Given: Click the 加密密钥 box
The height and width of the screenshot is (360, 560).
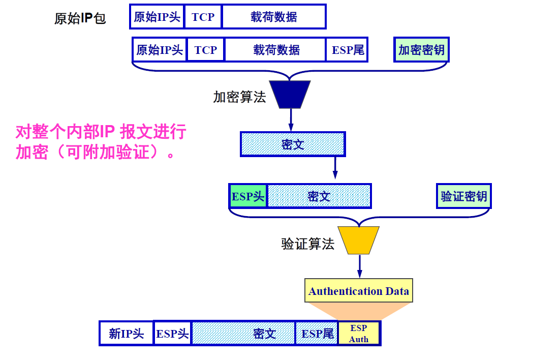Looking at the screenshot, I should click(421, 50).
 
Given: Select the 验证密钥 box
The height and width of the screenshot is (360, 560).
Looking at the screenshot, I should click(464, 196).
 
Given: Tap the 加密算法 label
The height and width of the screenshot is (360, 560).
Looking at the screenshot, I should click(239, 97).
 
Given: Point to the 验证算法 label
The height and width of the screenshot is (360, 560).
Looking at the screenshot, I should click(308, 244).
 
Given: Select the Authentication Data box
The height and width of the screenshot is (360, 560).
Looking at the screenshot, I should click(359, 291).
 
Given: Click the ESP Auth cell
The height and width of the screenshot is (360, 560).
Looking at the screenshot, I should click(359, 334).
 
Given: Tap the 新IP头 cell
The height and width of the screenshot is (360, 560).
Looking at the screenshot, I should click(127, 334).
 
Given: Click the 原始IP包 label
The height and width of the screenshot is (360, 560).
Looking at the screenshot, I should click(80, 19).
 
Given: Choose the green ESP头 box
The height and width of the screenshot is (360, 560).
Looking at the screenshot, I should click(248, 196).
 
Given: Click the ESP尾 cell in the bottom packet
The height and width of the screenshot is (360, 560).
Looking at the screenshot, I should click(317, 334).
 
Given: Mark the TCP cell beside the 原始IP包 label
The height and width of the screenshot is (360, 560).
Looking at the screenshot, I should click(203, 17).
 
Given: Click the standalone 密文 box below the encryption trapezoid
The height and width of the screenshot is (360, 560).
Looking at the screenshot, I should click(293, 144).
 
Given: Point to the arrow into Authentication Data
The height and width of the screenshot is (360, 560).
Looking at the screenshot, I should click(359, 266).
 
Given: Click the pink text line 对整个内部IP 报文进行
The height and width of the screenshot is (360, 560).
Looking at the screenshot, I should click(101, 133).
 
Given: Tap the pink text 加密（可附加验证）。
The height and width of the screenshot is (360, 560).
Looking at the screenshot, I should click(96, 152).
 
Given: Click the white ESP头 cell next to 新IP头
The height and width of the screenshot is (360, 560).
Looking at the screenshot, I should click(172, 334).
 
